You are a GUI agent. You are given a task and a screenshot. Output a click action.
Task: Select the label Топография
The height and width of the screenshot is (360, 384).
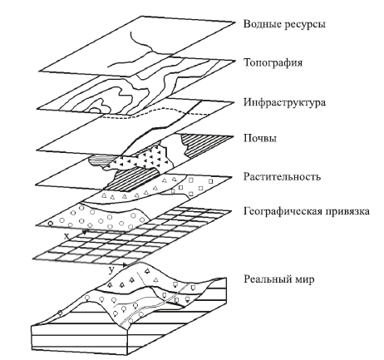pos(273,62)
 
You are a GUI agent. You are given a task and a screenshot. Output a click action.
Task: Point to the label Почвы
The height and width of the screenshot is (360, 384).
pos(258,139)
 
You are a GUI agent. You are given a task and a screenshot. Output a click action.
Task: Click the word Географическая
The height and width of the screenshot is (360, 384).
pos(282,212)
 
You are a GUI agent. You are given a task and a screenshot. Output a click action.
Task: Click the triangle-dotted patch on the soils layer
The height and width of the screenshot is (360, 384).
pos(150,158)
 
